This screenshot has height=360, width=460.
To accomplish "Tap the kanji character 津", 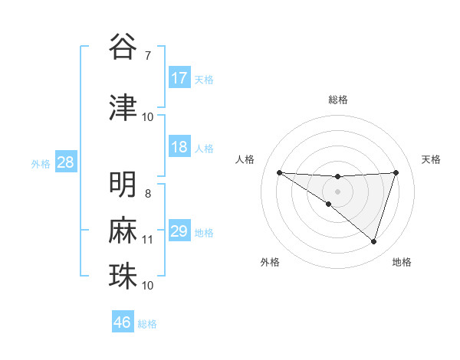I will coord(123,106).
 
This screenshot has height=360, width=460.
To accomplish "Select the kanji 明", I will coord(123,184).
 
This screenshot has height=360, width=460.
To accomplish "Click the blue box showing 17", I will coord(179,78).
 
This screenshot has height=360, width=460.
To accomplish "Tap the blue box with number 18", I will coord(179,147).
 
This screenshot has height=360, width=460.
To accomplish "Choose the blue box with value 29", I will coord(179,231).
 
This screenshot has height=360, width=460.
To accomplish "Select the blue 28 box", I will coord(65,162).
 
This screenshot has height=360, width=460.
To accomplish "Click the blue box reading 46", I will coord(123,322).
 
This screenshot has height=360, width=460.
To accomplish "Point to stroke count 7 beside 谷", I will coord(147,55).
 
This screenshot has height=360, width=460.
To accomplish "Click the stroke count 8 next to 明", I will coord(148,193).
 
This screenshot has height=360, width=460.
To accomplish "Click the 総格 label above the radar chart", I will coord(337,100).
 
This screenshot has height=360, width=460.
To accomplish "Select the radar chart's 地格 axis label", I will coord(402,262).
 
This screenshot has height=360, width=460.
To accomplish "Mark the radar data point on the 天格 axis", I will coord(396,172).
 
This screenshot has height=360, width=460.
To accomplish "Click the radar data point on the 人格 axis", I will coord(279,172).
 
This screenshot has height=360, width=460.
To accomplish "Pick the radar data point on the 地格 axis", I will coord(373,241).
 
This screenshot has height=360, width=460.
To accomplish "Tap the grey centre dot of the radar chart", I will coord(337,191).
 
